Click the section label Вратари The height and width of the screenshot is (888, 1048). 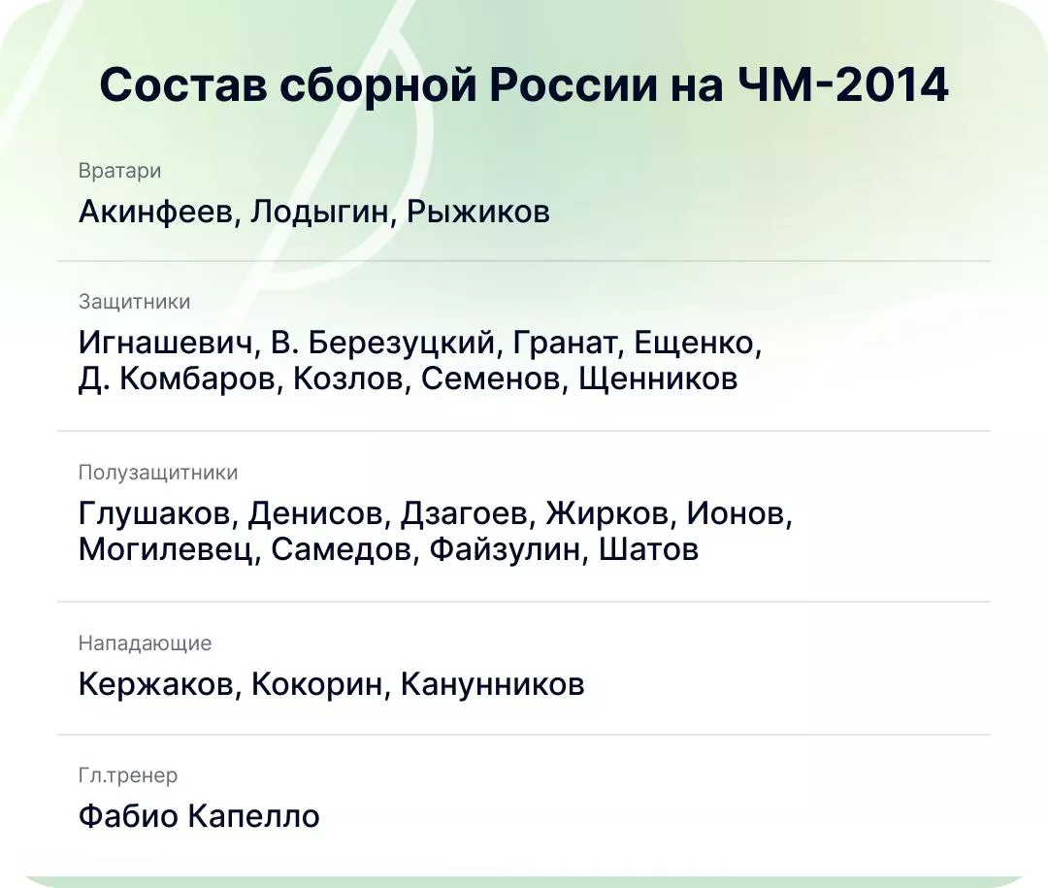[119, 171]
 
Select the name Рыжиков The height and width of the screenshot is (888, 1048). [478, 212]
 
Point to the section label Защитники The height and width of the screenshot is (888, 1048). [134, 302]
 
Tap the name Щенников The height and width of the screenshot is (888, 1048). [658, 378]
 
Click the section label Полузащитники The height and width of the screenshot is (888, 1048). [158, 473]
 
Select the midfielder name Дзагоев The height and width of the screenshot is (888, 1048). [466, 513]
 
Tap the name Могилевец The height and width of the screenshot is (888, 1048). [168, 549]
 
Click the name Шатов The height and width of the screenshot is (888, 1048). [648, 549]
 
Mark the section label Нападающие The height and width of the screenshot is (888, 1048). [145, 643]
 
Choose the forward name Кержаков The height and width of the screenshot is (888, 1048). [155, 685]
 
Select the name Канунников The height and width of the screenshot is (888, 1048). [492, 685]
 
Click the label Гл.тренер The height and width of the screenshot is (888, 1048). [128, 775]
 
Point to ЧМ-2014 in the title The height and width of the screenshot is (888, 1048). [842, 85]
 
